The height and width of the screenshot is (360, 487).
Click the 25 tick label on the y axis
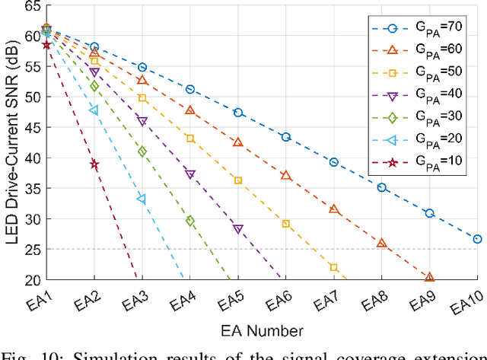pyautogui.click(x=31, y=250)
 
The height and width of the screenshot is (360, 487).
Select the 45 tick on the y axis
pyautogui.click(x=31, y=128)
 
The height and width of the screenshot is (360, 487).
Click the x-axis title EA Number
pyautogui.click(x=262, y=330)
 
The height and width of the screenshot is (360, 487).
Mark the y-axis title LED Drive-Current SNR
pyautogui.click(x=10, y=142)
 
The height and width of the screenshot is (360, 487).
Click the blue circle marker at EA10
pyautogui.click(x=477, y=239)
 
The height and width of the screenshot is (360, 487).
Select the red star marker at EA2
pyautogui.click(x=94, y=164)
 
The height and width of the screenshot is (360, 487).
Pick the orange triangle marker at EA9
pyautogui.click(x=429, y=278)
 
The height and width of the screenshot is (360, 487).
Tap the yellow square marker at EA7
pyautogui.click(x=333, y=267)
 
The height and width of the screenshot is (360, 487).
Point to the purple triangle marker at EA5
pyautogui.click(x=238, y=229)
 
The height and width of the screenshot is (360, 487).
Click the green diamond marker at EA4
pyautogui.click(x=190, y=221)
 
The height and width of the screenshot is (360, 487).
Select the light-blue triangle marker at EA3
pyautogui.click(x=142, y=199)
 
